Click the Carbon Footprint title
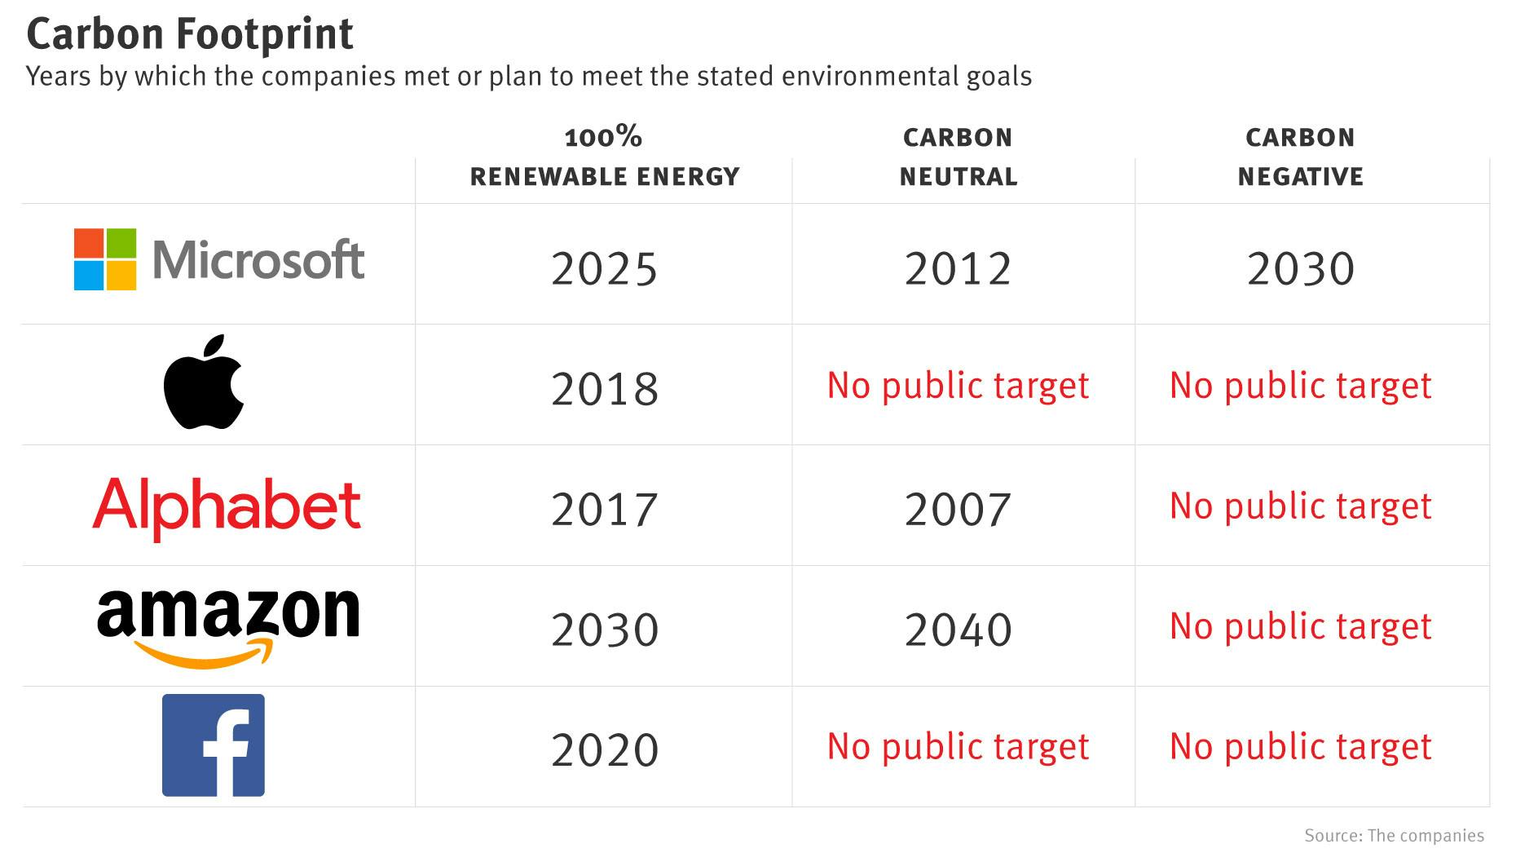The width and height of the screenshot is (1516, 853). click(190, 34)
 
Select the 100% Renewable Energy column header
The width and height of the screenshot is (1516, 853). click(604, 157)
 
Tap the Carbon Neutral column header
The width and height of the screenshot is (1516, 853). click(958, 157)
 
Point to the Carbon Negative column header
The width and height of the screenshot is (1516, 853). click(1300, 157)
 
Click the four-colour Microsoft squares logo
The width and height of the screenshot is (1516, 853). click(105, 259)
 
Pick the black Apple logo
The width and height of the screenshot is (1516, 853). click(204, 382)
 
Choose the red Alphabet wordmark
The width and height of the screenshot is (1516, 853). click(227, 506)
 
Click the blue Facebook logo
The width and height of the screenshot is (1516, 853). click(214, 745)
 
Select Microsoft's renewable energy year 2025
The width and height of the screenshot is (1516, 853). click(604, 269)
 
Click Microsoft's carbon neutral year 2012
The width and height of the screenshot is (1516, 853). click(958, 269)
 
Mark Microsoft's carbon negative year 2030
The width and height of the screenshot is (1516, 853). click(1300, 269)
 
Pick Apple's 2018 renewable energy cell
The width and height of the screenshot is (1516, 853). click(604, 389)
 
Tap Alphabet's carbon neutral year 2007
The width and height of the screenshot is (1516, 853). click(958, 510)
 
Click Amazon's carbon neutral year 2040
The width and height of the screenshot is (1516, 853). click(958, 630)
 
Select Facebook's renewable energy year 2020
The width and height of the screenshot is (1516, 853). click(604, 750)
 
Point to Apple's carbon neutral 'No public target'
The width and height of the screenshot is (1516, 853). click(958, 386)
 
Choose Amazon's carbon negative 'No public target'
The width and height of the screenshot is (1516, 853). click(1300, 627)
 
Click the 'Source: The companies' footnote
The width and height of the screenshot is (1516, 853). click(1394, 836)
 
